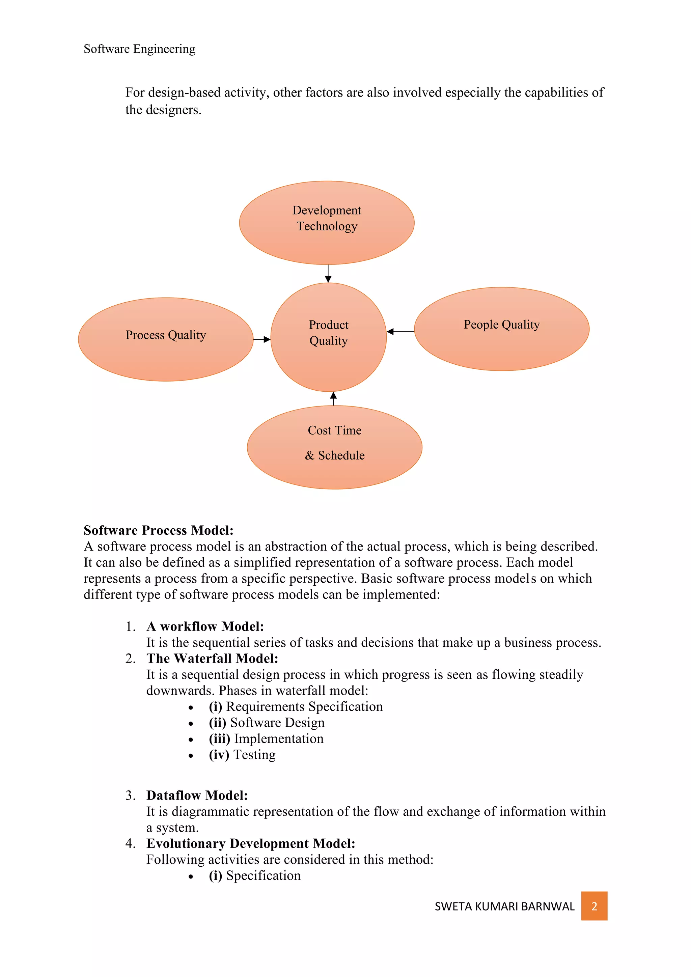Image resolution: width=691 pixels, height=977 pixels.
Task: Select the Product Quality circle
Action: click(x=329, y=337)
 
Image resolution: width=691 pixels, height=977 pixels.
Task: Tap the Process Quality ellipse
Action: click(x=166, y=339)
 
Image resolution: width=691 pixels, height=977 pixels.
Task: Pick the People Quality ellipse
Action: click(x=501, y=329)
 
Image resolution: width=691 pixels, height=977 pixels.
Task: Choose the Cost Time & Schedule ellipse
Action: click(x=334, y=447)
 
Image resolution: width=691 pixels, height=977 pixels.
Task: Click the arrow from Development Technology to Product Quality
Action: click(x=328, y=273)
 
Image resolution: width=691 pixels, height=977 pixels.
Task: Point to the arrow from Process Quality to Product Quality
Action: click(x=262, y=339)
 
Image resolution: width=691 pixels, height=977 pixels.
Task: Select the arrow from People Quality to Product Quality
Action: click(x=400, y=332)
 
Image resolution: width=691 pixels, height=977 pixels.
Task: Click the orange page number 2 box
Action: click(x=594, y=906)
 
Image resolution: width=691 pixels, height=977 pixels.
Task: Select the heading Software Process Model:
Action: click(x=158, y=530)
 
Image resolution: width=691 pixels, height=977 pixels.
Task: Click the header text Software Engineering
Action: click(x=140, y=49)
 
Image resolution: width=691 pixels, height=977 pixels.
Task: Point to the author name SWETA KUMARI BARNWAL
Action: click(x=504, y=906)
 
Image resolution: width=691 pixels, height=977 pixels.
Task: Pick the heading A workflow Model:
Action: click(x=205, y=626)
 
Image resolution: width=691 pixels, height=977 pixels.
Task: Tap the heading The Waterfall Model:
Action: click(x=212, y=658)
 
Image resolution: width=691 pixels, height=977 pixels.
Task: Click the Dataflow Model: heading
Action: click(x=197, y=795)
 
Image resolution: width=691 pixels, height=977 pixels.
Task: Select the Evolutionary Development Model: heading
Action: click(x=251, y=843)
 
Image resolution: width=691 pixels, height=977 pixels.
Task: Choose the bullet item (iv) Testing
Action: click(x=242, y=754)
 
